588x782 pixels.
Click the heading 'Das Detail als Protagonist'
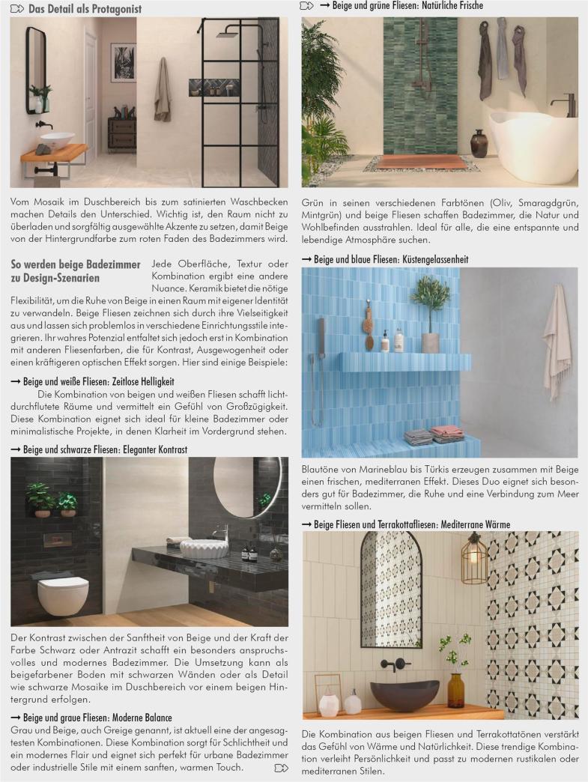tap(85, 10)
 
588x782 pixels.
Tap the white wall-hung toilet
tap(63, 594)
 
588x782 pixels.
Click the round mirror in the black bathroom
tap(243, 488)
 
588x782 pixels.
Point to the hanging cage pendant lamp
tap(474, 560)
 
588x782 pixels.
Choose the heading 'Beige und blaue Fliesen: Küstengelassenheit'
tap(391, 259)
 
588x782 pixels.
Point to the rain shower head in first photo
tap(226, 33)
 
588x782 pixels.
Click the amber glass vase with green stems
tap(455, 688)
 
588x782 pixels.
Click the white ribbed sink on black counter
tap(204, 547)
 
